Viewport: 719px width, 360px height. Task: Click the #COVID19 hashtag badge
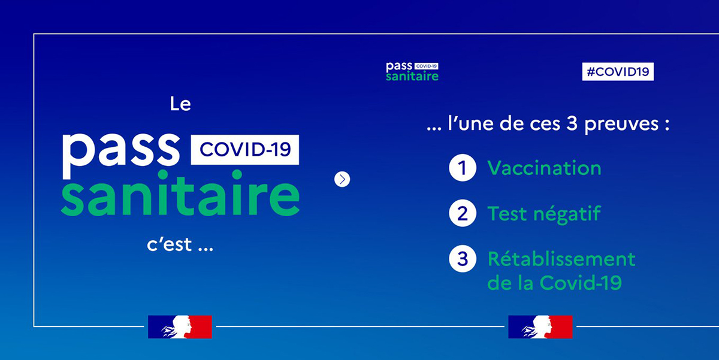tap(618, 71)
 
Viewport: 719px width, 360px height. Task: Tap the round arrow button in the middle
tap(342, 179)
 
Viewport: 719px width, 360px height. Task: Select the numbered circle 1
tap(463, 168)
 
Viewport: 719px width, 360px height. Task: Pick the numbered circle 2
tap(463, 213)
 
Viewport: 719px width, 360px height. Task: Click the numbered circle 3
tap(463, 259)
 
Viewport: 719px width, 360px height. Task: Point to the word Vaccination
tap(545, 168)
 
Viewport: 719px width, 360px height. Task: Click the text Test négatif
tap(544, 214)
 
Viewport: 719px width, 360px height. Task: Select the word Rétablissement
tap(561, 259)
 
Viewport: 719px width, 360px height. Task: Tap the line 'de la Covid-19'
tap(555, 283)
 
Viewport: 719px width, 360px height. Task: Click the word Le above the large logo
tap(180, 104)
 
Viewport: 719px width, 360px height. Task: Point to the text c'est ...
tap(170, 244)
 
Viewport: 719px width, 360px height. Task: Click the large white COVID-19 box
tap(245, 150)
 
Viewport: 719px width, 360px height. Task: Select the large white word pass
tap(120, 154)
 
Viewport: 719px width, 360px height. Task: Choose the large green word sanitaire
tap(180, 193)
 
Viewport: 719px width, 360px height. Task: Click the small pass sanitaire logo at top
tap(412, 71)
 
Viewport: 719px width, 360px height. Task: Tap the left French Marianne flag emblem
tap(180, 326)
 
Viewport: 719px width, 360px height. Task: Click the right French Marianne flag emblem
tap(540, 326)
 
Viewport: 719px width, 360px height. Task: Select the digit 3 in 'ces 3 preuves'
tap(572, 123)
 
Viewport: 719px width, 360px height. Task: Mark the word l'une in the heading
tap(470, 123)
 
